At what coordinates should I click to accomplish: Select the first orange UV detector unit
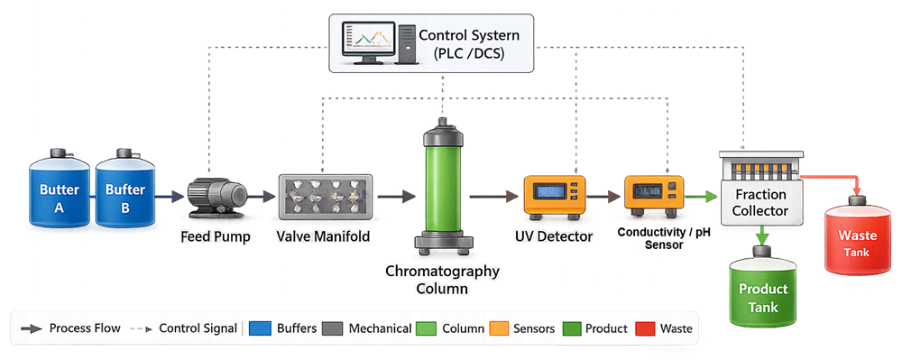point(555,194)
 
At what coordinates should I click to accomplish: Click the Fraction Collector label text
point(759,202)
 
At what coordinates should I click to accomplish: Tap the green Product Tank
point(763,293)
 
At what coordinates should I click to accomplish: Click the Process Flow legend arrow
point(31,328)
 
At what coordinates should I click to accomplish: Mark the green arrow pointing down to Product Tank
point(763,236)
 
